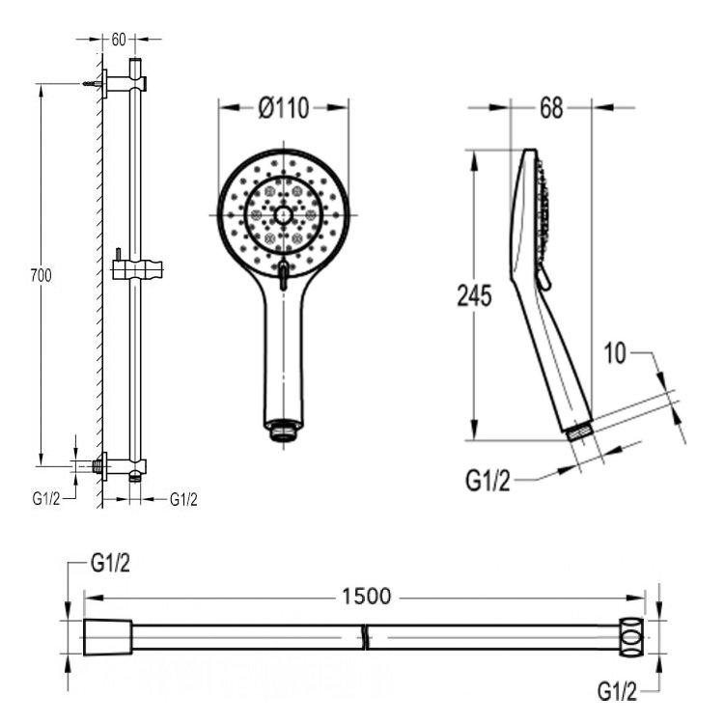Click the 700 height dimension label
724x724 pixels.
(41, 276)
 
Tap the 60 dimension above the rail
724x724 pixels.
(119, 40)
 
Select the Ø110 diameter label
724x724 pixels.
(283, 108)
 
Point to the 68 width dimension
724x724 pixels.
(550, 108)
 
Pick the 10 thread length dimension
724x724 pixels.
(616, 354)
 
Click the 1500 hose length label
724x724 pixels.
(366, 597)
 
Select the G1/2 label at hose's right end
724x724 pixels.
(617, 691)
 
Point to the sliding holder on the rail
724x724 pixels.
(136, 267)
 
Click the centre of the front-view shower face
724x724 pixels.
(282, 214)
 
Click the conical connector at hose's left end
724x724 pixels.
(106, 636)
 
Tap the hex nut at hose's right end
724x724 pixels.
(632, 636)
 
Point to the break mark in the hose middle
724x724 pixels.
(364, 636)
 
